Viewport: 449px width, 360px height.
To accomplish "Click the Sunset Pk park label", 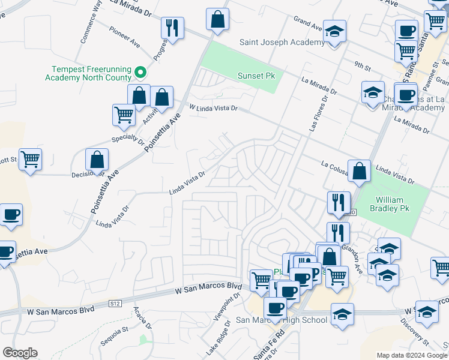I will coord(256,76).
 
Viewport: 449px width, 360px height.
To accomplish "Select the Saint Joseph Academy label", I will coord(282,43).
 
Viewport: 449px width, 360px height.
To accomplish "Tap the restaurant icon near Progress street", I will coord(173,28).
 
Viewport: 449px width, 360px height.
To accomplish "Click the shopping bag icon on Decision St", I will coord(97,160).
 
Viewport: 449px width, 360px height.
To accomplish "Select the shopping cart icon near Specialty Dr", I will coord(124,115).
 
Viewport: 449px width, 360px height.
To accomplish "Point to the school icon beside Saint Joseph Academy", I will coord(335,31).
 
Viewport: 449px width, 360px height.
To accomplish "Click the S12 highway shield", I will coord(115,304).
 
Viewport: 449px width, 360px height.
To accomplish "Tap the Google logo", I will coord(20,353).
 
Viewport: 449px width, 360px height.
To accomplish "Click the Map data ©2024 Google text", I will coord(411,355).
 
